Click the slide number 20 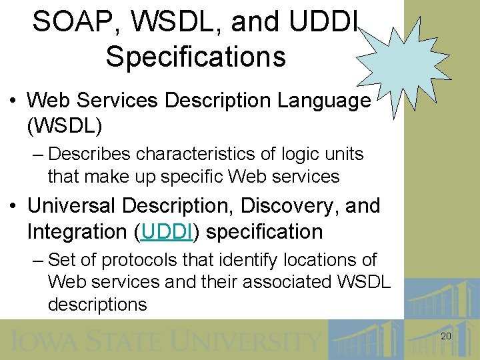(446, 337)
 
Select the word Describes (90, 154)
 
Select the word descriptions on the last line (97, 305)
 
